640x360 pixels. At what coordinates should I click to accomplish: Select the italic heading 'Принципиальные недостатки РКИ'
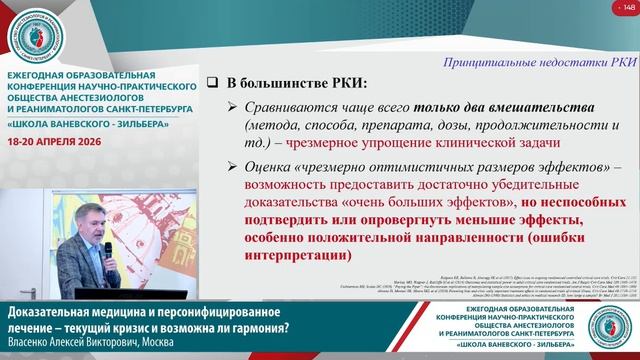[540, 61]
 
